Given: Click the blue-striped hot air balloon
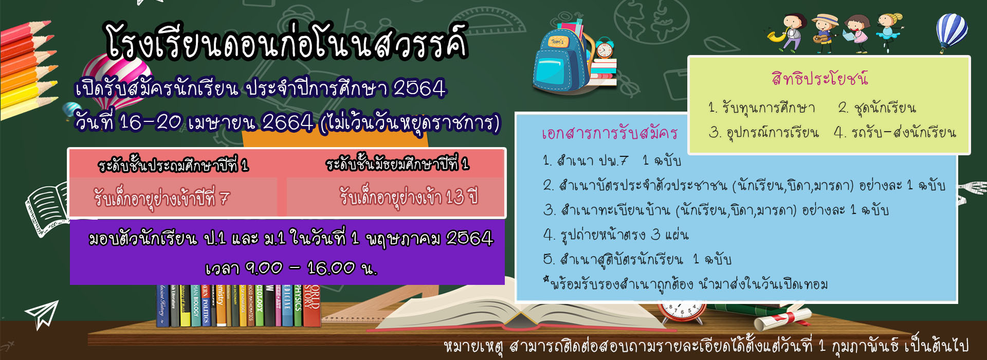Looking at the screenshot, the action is tap(952, 31).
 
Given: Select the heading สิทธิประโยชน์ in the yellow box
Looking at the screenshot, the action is tap(819, 78).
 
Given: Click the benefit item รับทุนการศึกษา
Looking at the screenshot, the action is tap(762, 107).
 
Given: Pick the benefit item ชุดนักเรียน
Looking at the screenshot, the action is tap(877, 107).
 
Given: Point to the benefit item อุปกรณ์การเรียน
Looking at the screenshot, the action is tap(764, 133).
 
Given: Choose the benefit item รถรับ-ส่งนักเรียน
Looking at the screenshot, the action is tap(895, 133).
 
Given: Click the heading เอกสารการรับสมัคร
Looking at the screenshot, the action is tap(610, 133).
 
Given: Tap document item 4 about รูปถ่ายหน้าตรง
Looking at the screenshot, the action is tap(616, 235).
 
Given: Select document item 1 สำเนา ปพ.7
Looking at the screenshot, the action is tap(612, 161).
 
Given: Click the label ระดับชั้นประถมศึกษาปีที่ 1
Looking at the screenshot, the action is tap(173, 165).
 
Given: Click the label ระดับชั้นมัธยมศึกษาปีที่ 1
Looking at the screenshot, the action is tap(397, 164).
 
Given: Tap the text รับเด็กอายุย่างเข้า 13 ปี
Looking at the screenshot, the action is tap(409, 196).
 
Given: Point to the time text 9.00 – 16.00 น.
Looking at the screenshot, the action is tap(291, 268).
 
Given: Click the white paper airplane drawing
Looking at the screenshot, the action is tap(42, 314).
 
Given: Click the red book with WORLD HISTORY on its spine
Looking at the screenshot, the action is tap(312, 306).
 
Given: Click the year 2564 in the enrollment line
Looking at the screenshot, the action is tap(419, 88).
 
